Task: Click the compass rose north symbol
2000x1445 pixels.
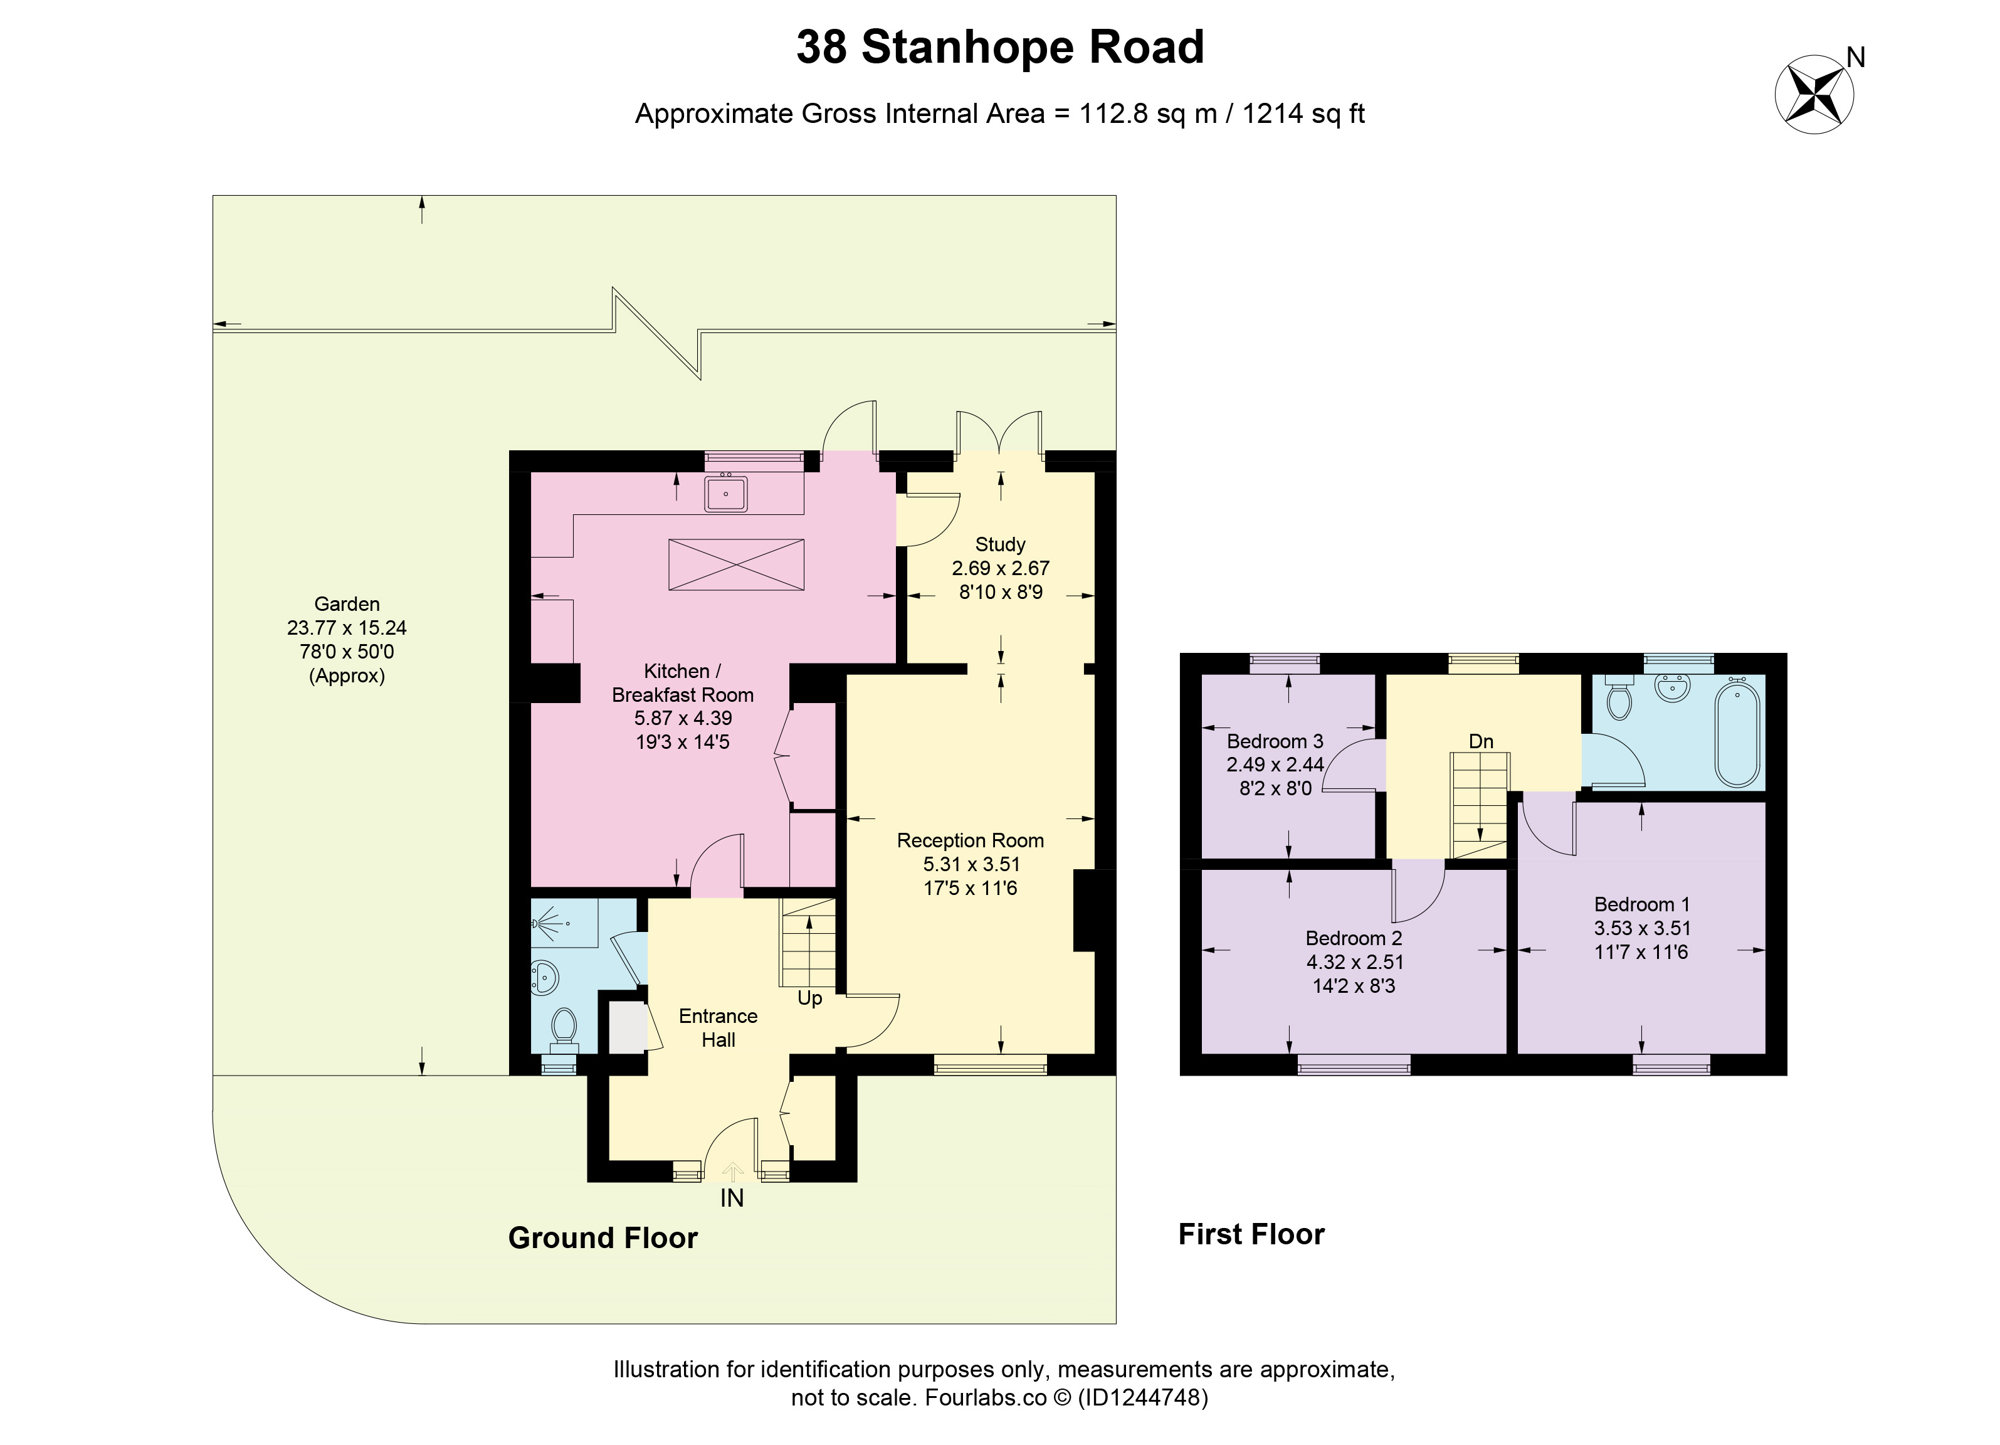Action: click(1814, 95)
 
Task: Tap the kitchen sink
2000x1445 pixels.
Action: click(726, 494)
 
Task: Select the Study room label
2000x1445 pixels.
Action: click(1000, 544)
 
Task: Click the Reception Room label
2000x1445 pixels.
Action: click(970, 840)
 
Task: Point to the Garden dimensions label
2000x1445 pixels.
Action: click(347, 640)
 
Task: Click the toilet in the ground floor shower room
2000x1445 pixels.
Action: click(564, 1031)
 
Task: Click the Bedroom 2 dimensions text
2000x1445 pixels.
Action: click(1354, 974)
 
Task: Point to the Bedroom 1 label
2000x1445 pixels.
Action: click(1642, 904)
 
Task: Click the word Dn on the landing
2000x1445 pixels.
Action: click(1481, 742)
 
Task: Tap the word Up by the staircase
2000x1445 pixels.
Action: click(809, 998)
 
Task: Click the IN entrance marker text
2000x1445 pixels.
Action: click(732, 1198)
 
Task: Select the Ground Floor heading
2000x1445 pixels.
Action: click(603, 1237)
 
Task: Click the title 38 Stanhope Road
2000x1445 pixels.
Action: click(1000, 47)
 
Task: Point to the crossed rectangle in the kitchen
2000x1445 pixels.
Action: click(736, 564)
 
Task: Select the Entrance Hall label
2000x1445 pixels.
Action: click(718, 1028)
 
